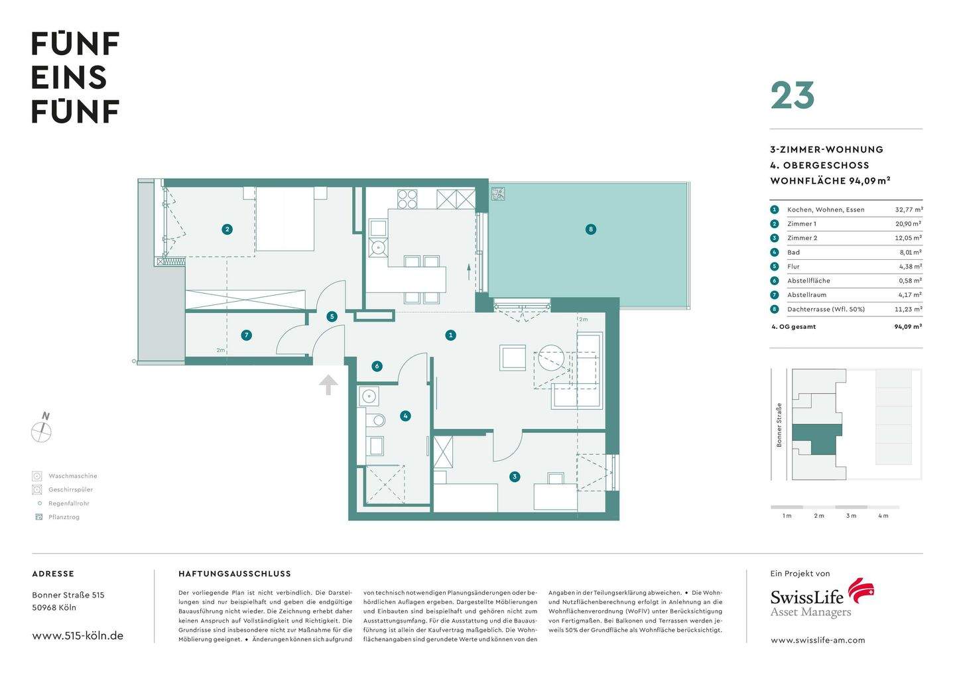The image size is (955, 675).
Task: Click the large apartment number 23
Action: click(793, 96)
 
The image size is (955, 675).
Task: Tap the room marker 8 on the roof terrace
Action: click(590, 229)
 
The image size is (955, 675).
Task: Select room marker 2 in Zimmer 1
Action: click(227, 229)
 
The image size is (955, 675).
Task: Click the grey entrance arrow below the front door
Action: click(328, 385)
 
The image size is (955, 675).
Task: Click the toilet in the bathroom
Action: click(377, 420)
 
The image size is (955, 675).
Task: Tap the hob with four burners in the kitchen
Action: click(407, 199)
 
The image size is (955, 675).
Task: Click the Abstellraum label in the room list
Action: click(806, 295)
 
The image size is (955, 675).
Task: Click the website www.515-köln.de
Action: click(78, 635)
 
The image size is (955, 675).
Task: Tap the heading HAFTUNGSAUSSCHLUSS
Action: click(235, 574)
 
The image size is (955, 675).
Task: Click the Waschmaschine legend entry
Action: click(72, 476)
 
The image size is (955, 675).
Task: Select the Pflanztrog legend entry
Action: click(64, 517)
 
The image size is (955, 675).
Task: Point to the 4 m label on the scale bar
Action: click(883, 516)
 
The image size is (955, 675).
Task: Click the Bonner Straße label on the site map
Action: click(779, 425)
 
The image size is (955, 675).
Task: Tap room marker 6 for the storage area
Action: click(377, 366)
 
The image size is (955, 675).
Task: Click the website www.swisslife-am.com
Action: click(818, 640)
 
